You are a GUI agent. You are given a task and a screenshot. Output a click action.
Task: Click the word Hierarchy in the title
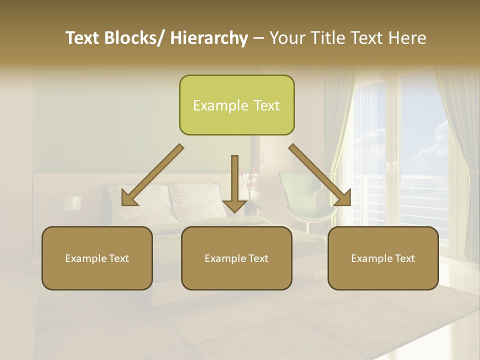coord(208,38)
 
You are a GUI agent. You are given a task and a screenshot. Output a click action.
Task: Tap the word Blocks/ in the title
coord(135,38)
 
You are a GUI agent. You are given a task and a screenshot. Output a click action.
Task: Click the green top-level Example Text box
coord(236,105)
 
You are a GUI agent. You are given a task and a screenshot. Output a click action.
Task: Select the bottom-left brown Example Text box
coord(97,258)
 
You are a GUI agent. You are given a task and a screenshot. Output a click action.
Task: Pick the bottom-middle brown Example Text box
coord(236,258)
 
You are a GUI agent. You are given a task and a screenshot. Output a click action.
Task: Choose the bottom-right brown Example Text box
coord(383,258)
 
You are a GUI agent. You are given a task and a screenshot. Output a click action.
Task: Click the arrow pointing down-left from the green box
coord(152,175)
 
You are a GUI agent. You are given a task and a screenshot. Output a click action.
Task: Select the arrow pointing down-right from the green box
coord(320,175)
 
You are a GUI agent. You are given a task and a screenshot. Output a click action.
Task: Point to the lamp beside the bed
coord(71,202)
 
